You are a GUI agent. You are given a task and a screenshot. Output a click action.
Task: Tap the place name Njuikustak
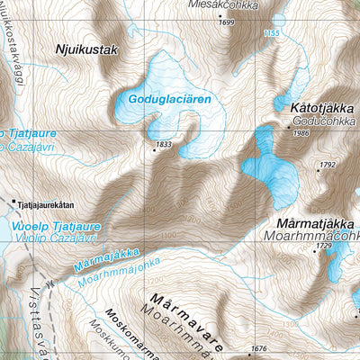click(x=86, y=50)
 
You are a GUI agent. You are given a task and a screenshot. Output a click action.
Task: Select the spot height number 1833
click(x=163, y=144)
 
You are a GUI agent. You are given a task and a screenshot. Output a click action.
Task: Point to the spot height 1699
click(x=226, y=22)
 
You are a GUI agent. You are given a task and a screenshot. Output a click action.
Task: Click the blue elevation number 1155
click(x=271, y=33)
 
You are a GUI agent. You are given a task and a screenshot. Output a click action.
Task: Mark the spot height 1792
click(x=326, y=166)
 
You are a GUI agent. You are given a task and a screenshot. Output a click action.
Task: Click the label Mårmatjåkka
click(x=315, y=220)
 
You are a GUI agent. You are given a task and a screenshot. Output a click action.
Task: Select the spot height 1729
click(x=324, y=246)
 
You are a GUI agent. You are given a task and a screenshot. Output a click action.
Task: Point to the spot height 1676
click(x=260, y=348)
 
